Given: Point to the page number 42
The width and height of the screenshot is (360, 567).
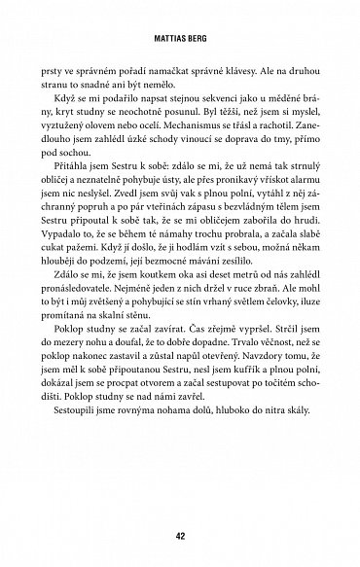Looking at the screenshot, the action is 180,533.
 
